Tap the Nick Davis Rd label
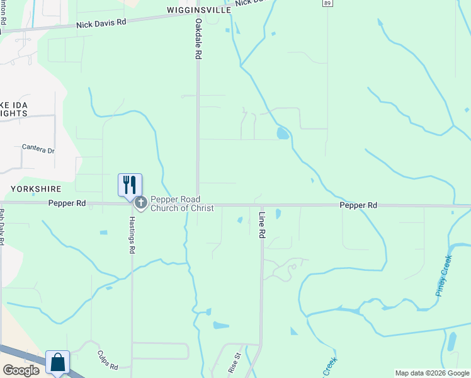(x=101, y=22)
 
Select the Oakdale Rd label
(x=198, y=38)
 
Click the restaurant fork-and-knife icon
(x=130, y=185)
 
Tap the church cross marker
(x=140, y=203)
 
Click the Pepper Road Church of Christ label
(x=182, y=203)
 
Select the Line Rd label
(x=262, y=224)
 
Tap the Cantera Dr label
(x=38, y=149)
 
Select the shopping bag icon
(x=57, y=362)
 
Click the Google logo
(x=21, y=370)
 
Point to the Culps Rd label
(x=108, y=360)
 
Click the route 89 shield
(x=326, y=4)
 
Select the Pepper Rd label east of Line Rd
(x=358, y=205)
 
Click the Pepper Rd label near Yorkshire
(x=67, y=203)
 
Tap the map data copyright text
(x=432, y=373)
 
